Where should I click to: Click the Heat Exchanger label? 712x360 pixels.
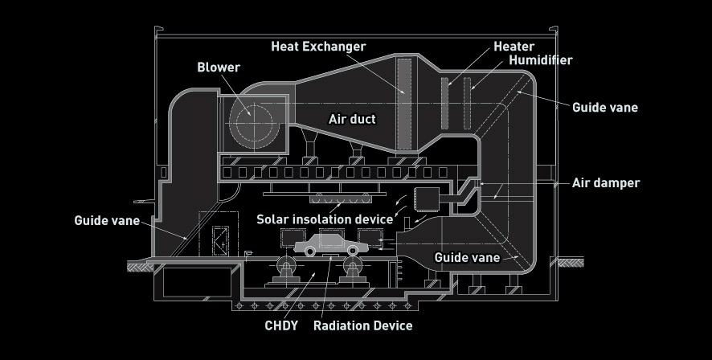pos(317,47)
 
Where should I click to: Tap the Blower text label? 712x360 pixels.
pos(219,67)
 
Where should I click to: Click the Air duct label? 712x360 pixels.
pos(352,119)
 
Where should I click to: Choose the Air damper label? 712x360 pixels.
pos(605,183)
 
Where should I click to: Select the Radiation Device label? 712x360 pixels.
pos(362,325)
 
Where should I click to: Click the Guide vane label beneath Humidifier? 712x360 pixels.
pos(605,107)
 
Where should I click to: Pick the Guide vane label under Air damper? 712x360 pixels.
pos(467,257)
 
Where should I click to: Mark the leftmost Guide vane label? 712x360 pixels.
pos(107,220)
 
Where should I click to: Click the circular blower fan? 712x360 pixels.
pos(251,121)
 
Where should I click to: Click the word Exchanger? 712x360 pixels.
pos(335,47)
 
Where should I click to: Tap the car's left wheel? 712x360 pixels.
pos(309,251)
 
